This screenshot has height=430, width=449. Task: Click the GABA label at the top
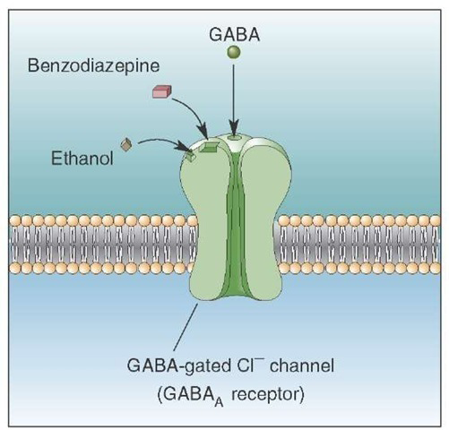pos(234,35)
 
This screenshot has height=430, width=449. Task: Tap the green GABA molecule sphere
pos(234,52)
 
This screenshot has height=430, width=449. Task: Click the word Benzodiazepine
pos(93,65)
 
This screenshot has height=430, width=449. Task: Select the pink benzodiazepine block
pos(161,91)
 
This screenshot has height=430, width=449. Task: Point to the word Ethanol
pos(82,158)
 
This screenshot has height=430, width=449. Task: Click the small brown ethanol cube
pos(125,144)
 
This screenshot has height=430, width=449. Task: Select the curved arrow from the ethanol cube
pos(161,141)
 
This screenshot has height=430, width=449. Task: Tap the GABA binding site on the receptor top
pos(234,137)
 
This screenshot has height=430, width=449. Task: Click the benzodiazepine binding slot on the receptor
pos(210,147)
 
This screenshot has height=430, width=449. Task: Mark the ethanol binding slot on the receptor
pos(190,156)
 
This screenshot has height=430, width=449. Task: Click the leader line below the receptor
pos(186,327)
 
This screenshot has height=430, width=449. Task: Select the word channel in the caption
pos(302,365)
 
